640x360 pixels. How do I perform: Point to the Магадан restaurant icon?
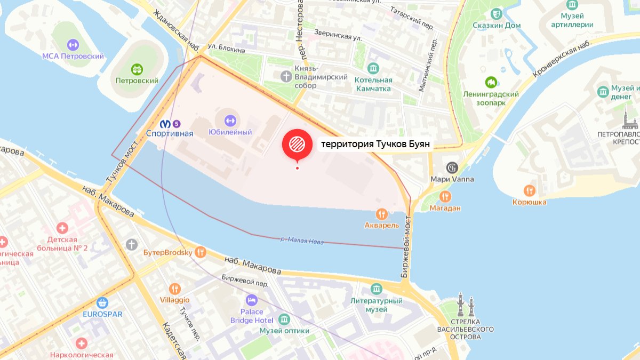pos(445,197)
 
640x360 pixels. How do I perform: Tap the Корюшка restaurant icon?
pos(529,190)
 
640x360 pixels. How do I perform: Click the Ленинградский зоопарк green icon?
pos(491,83)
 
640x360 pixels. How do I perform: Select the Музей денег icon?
pos(603,91)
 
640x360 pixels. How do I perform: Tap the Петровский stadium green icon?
pos(137,69)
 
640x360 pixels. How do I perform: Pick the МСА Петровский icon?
pos(73,45)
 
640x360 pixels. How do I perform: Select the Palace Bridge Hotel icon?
pos(251,300)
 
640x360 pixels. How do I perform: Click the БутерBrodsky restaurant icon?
pos(201,252)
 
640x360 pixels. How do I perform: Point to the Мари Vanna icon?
pos(452,167)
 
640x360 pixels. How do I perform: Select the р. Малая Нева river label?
pos(302,241)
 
